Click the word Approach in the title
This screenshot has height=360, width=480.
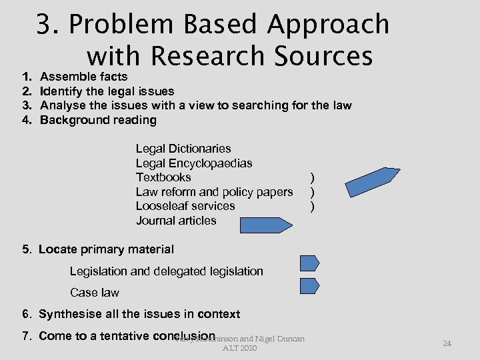[328, 25]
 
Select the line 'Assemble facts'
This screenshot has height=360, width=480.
[84, 77]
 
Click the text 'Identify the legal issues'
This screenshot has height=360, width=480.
[107, 91]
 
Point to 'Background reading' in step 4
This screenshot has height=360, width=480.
[99, 120]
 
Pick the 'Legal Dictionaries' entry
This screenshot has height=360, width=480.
[183, 149]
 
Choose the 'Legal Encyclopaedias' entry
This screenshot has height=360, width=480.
[194, 163]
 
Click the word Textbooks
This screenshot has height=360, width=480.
[163, 177]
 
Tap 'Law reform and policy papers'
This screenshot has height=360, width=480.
[214, 192]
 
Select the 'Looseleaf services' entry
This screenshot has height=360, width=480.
[185, 206]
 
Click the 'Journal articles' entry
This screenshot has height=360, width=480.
[176, 221]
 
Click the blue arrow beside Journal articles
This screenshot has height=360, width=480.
[265, 225]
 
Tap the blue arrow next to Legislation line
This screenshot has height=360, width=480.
[309, 263]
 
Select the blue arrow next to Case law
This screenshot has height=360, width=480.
[309, 286]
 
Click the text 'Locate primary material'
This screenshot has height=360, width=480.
[106, 249]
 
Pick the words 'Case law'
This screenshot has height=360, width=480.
[95, 293]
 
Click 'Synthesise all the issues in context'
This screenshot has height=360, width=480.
[139, 314]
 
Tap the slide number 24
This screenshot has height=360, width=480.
[447, 343]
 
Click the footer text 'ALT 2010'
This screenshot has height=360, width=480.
[239, 348]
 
